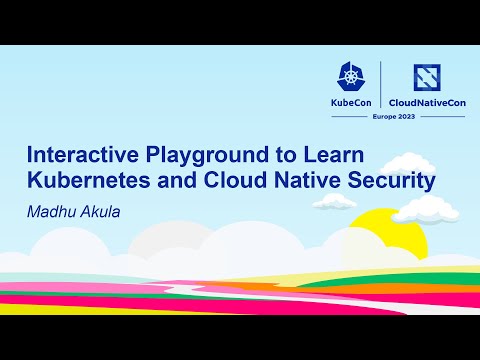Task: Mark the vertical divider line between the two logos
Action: click(380, 90)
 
